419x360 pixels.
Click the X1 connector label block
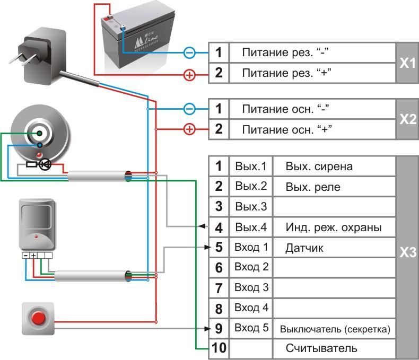pos(407,63)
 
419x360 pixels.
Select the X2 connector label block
pos(407,119)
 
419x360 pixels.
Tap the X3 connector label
pos(407,252)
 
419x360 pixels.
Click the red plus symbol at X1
pos(189,75)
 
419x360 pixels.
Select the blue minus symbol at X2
pos(189,109)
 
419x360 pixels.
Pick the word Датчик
pos(304,248)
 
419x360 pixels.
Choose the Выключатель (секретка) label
pos(335,329)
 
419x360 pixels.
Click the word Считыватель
pos(321,348)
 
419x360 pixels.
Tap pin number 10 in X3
pos(219,348)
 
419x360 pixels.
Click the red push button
pos(38,319)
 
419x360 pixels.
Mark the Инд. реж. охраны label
pos(333,228)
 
